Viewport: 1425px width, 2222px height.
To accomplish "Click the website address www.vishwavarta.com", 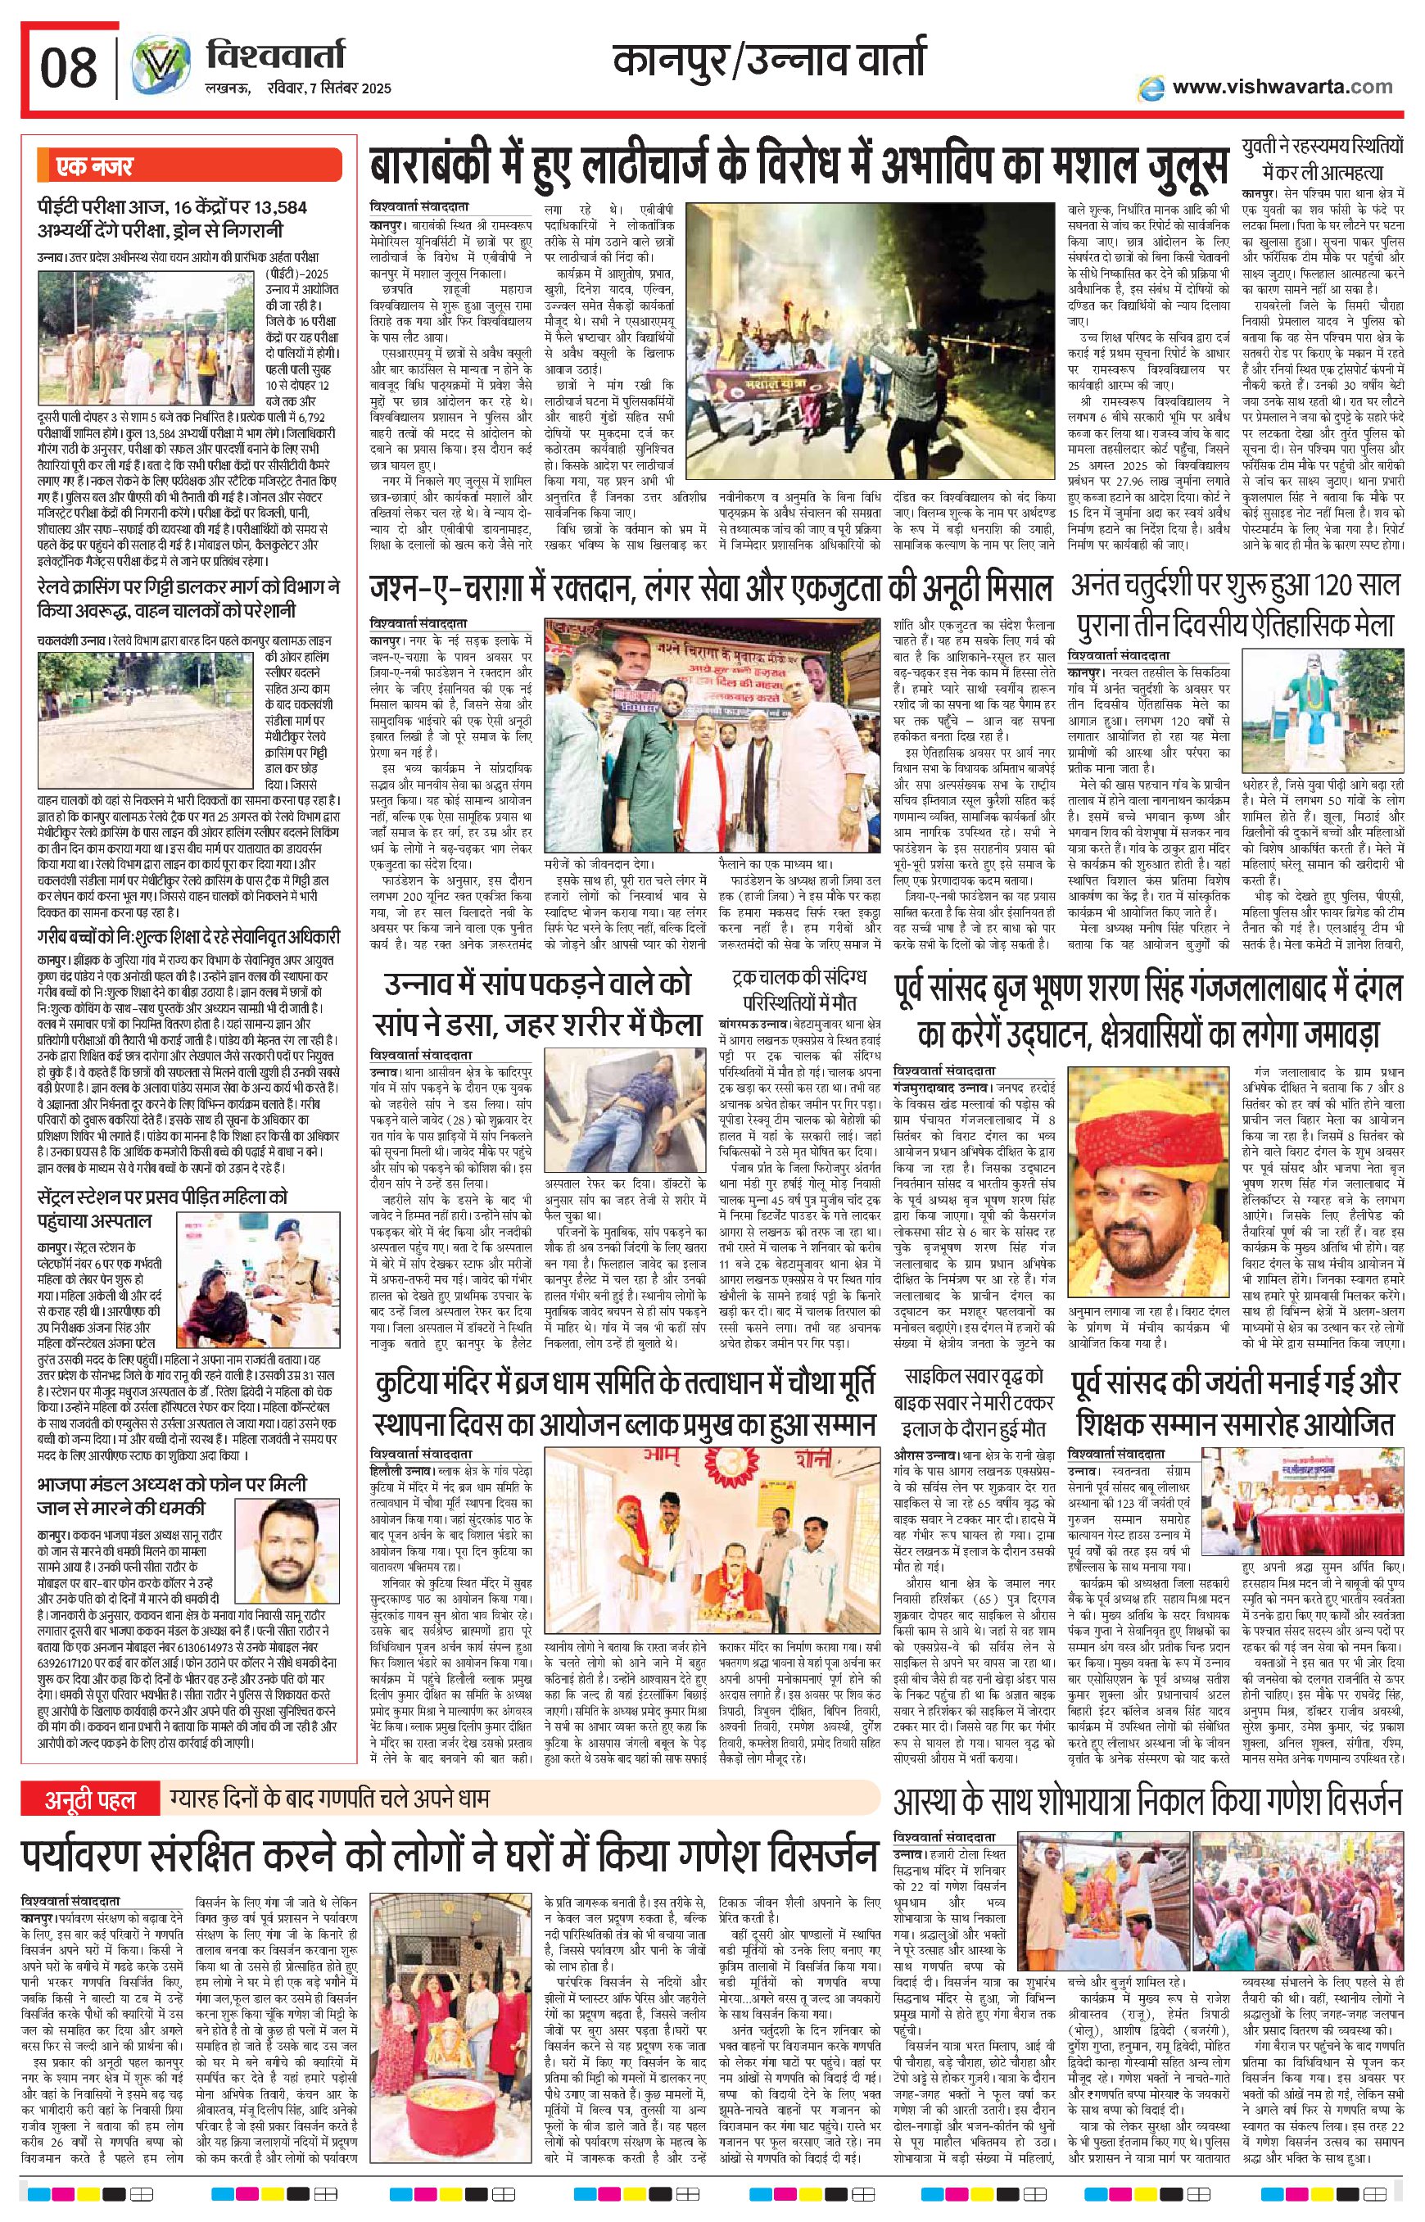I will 1282,87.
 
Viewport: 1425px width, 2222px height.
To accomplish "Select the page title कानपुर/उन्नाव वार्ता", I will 769,61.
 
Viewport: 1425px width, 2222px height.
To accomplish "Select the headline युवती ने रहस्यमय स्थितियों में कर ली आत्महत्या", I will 1323,159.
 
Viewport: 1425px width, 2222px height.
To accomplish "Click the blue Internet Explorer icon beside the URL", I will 1151,87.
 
